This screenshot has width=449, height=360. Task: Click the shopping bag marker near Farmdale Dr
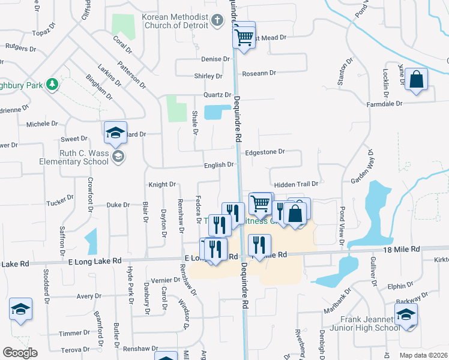(x=416, y=79)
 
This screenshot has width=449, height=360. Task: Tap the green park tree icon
(x=53, y=84)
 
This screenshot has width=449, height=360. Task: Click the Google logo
(x=20, y=353)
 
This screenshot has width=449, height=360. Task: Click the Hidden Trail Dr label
(x=296, y=184)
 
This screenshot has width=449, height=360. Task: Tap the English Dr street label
(x=218, y=164)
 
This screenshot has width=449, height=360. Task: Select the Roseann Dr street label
(x=259, y=73)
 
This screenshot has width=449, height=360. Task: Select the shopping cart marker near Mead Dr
(x=244, y=35)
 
